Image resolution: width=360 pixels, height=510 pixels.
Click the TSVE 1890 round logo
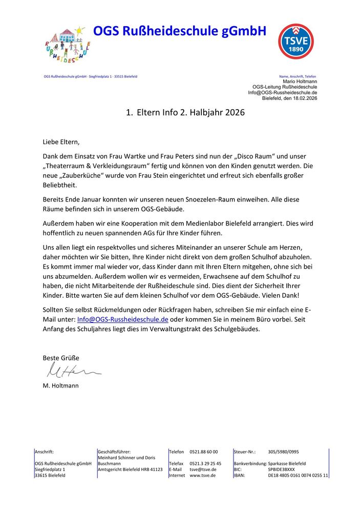coord(295,41)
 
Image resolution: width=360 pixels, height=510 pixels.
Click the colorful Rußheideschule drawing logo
coord(66,44)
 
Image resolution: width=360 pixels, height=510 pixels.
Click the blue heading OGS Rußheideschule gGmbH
coord(180,32)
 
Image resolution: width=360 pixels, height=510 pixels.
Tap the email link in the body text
coord(122,319)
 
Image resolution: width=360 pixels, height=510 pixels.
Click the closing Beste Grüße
coord(60,358)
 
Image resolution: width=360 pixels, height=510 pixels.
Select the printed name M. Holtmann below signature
coord(60,385)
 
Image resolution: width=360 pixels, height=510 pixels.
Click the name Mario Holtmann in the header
coord(300,81)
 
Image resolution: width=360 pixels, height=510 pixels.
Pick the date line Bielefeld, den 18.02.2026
coord(289,98)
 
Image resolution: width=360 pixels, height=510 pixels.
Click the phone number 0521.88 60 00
coord(204,452)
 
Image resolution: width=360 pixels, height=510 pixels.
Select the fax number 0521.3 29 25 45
coord(205,463)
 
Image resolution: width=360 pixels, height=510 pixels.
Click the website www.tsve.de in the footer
coord(203,475)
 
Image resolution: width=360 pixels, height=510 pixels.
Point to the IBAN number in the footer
coord(298,475)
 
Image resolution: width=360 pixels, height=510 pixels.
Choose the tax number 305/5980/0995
coord(283,452)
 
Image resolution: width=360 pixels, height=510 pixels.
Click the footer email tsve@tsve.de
coord(203,469)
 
